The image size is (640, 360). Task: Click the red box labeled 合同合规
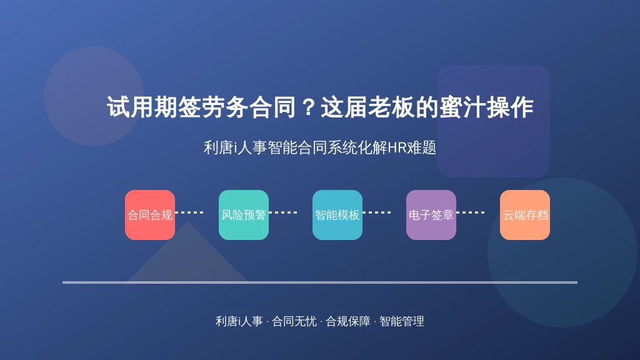click(x=150, y=215)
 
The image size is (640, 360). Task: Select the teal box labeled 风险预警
click(x=244, y=215)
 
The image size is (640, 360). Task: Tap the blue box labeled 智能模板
click(x=337, y=215)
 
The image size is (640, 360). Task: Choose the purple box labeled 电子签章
click(x=431, y=215)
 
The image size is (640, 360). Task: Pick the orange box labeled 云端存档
click(x=525, y=215)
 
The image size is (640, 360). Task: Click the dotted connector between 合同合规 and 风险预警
click(x=189, y=212)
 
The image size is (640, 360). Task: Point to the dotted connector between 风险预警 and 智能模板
click(x=283, y=212)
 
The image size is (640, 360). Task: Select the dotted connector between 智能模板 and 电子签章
click(x=377, y=212)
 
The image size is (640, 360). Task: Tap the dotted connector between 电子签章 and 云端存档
click(x=471, y=212)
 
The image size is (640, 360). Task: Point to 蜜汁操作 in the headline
click(x=486, y=107)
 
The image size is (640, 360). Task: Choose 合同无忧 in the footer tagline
click(x=294, y=321)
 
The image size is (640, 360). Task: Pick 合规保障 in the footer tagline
click(x=347, y=321)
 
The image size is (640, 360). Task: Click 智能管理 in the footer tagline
click(x=402, y=321)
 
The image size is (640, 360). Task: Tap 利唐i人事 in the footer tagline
click(x=239, y=321)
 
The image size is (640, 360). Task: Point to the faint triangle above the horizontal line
click(x=187, y=257)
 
